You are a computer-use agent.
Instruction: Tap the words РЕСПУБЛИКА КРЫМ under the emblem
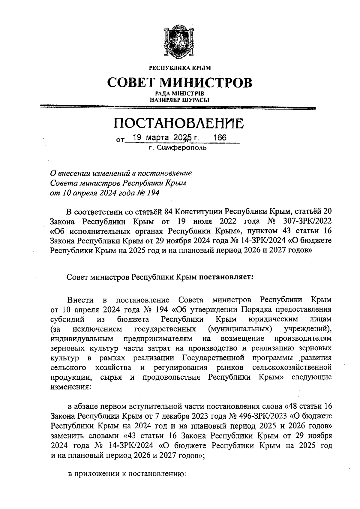180,68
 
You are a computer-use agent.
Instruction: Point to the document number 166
219,138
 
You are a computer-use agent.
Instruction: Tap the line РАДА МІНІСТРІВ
180,94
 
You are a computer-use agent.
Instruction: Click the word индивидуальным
82,339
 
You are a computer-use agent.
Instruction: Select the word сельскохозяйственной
292,368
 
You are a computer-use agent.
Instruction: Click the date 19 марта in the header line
147,138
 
